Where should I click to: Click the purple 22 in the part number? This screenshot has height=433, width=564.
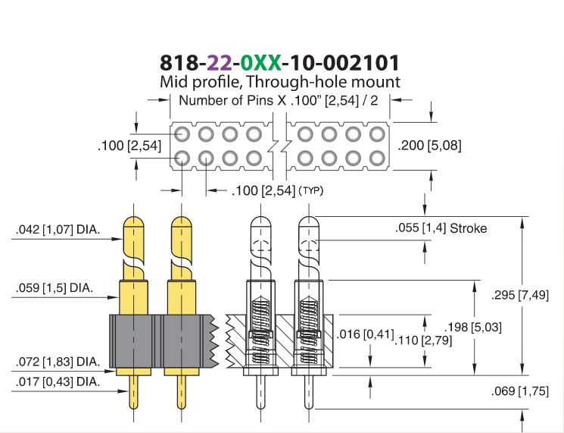click(x=220, y=63)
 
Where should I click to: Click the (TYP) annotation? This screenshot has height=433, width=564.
click(x=311, y=190)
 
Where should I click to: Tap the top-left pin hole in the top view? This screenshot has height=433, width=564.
click(x=182, y=134)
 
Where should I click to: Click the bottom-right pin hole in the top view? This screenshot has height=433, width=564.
click(x=377, y=158)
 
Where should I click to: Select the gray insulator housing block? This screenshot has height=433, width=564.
click(x=160, y=341)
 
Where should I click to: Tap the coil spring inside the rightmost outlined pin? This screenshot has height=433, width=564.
click(x=308, y=329)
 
